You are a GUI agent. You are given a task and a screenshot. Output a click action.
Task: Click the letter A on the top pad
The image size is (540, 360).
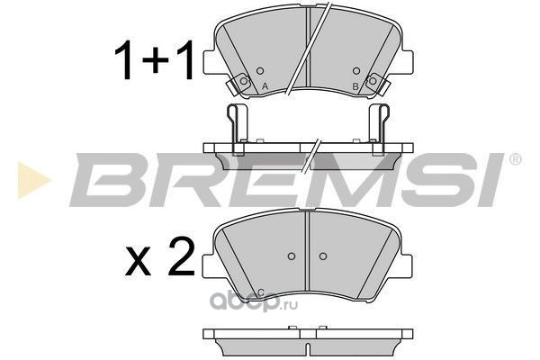[265, 86]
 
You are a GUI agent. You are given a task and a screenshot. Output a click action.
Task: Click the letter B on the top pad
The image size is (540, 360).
[355, 86]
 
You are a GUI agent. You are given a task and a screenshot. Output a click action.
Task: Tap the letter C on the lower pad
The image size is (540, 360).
[261, 293]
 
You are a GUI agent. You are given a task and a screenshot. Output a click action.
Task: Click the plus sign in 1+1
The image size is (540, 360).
[156, 59]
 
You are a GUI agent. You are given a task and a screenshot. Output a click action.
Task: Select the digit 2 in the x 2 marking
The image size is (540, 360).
[181, 257]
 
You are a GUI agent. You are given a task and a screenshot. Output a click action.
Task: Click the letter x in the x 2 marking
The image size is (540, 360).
[138, 261]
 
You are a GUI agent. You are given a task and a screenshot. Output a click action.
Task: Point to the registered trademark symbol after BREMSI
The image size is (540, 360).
[515, 159]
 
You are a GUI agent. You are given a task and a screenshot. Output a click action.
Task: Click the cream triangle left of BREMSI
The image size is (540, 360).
[33, 180]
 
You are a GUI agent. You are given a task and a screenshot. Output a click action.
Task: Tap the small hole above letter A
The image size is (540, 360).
[260, 71]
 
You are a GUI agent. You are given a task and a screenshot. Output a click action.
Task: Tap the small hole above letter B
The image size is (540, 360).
[356, 71]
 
